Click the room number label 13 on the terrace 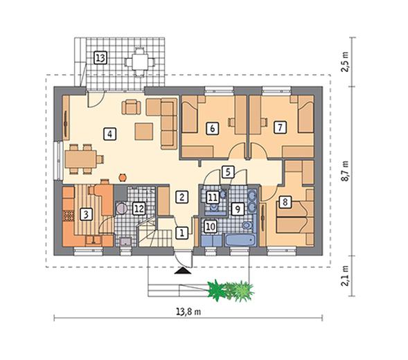click(x=100, y=57)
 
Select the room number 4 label click(x=110, y=134)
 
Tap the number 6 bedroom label click(x=213, y=128)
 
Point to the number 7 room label click(x=280, y=127)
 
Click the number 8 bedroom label click(x=285, y=202)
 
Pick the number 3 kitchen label click(x=86, y=215)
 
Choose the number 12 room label click(x=139, y=208)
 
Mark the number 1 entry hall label click(x=182, y=233)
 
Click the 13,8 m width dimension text click(x=188, y=312)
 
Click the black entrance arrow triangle click(x=183, y=271)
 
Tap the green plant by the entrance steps click(x=231, y=290)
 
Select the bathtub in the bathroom click(x=240, y=240)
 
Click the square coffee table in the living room click(x=143, y=132)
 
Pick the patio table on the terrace click(x=140, y=62)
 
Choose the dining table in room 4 click(x=80, y=159)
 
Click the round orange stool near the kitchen click(x=123, y=177)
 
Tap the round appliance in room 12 click(x=121, y=208)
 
